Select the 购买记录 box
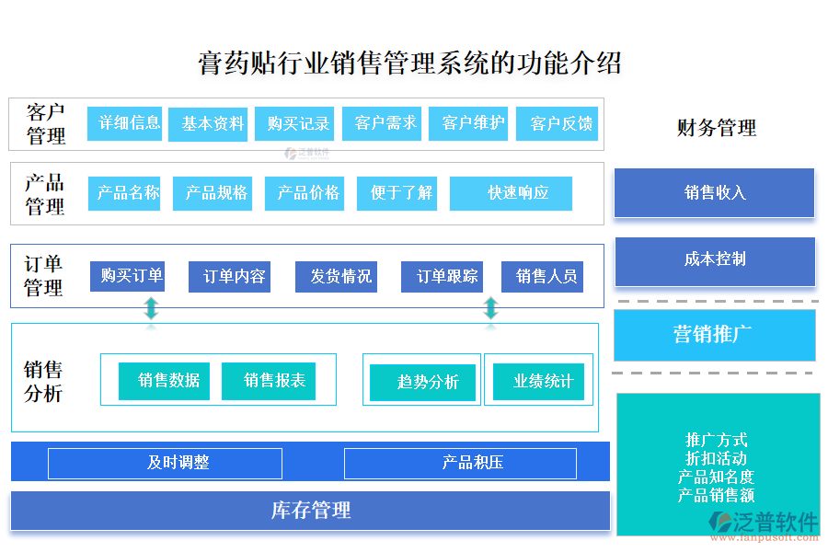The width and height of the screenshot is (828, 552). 293,124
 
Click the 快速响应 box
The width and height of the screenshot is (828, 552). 511,193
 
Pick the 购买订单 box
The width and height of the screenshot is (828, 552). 127,276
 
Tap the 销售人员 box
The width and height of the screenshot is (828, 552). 542,277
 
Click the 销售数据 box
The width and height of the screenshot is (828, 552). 164,381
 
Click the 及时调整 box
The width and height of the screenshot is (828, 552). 165,463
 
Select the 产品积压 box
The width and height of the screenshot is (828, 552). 460,463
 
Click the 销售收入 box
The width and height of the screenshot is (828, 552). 714,193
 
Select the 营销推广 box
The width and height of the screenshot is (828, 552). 714,335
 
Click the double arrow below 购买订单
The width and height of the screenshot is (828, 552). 151,308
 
